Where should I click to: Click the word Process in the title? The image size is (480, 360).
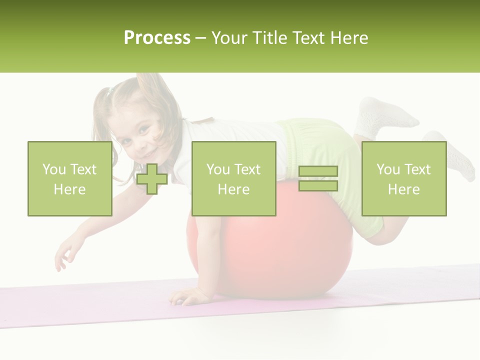tap(157, 38)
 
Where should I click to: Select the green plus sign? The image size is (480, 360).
tap(152, 179)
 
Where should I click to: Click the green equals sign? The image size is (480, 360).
tap(318, 178)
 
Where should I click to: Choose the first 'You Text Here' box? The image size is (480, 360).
tap(70, 178)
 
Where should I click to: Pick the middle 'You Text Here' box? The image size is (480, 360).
tap(234, 178)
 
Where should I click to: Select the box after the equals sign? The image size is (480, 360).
tap(404, 178)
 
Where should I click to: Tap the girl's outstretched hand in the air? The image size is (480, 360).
tap(65, 255)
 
